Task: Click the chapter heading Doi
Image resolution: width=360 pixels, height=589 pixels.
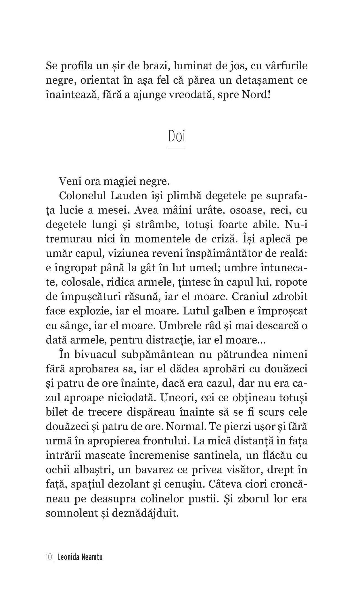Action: [x=176, y=137]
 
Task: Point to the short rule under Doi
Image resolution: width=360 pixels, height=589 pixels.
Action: [x=176, y=148]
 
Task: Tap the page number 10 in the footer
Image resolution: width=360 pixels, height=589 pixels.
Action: [x=48, y=557]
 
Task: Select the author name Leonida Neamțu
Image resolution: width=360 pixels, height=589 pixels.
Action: [x=80, y=557]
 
